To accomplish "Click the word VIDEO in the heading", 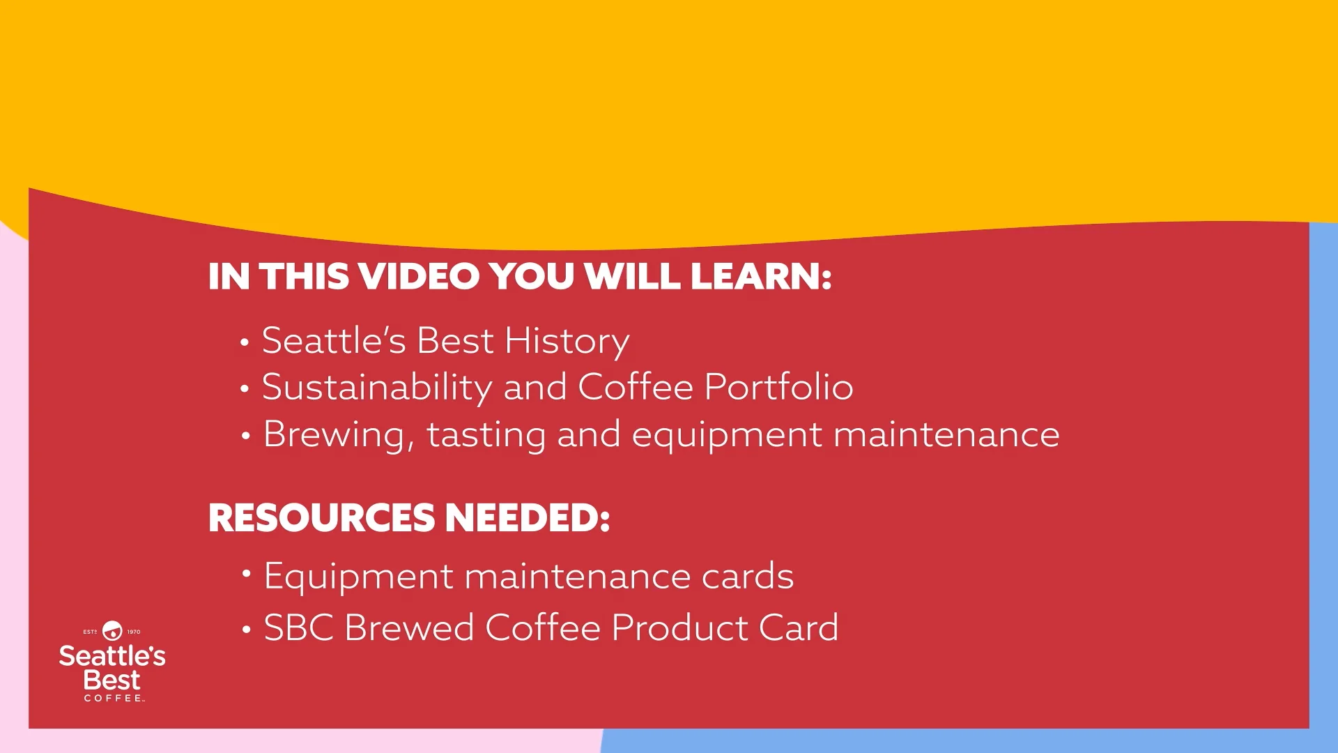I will pyautogui.click(x=419, y=277).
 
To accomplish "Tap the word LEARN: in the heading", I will pyautogui.click(x=761, y=277).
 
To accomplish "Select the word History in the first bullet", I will pyautogui.click(x=567, y=342).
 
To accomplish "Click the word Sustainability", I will pyautogui.click(x=377, y=388).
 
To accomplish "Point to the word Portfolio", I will pyautogui.click(x=778, y=388).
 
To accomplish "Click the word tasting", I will pyautogui.click(x=486, y=435).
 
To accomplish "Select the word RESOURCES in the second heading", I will pyautogui.click(x=321, y=518).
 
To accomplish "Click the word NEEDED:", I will pyautogui.click(x=527, y=518).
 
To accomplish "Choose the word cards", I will pyautogui.click(x=747, y=577).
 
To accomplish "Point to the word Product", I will pyautogui.click(x=679, y=628).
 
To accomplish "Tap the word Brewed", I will pyautogui.click(x=409, y=628).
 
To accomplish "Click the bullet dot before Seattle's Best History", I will pyautogui.click(x=244, y=342).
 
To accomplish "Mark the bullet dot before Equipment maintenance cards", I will pyautogui.click(x=246, y=573).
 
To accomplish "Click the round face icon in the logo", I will pyautogui.click(x=112, y=631).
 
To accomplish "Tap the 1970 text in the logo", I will pyautogui.click(x=134, y=632).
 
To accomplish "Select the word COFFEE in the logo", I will pyautogui.click(x=114, y=698).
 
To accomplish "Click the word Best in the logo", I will pyautogui.click(x=111, y=680).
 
